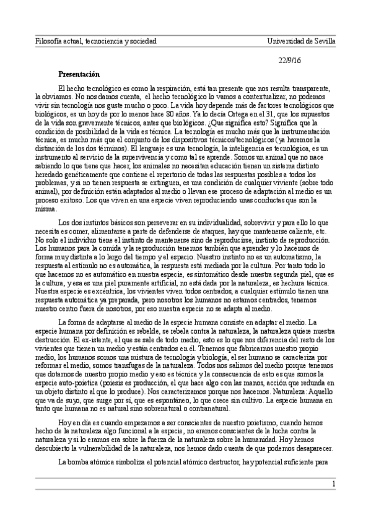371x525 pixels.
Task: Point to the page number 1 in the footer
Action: pyautogui.click(x=333, y=484)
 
